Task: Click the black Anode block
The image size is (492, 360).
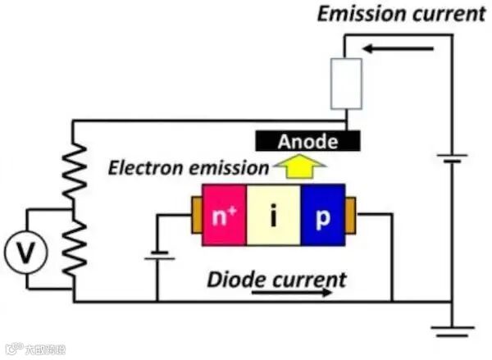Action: coord(307,141)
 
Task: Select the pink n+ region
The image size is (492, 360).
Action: coord(224,219)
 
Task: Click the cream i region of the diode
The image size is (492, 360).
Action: coord(274,219)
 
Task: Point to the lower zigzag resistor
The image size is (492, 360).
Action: coord(75,242)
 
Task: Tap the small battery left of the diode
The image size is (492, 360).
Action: coord(160,255)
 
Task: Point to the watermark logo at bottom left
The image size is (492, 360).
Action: coord(11,349)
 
